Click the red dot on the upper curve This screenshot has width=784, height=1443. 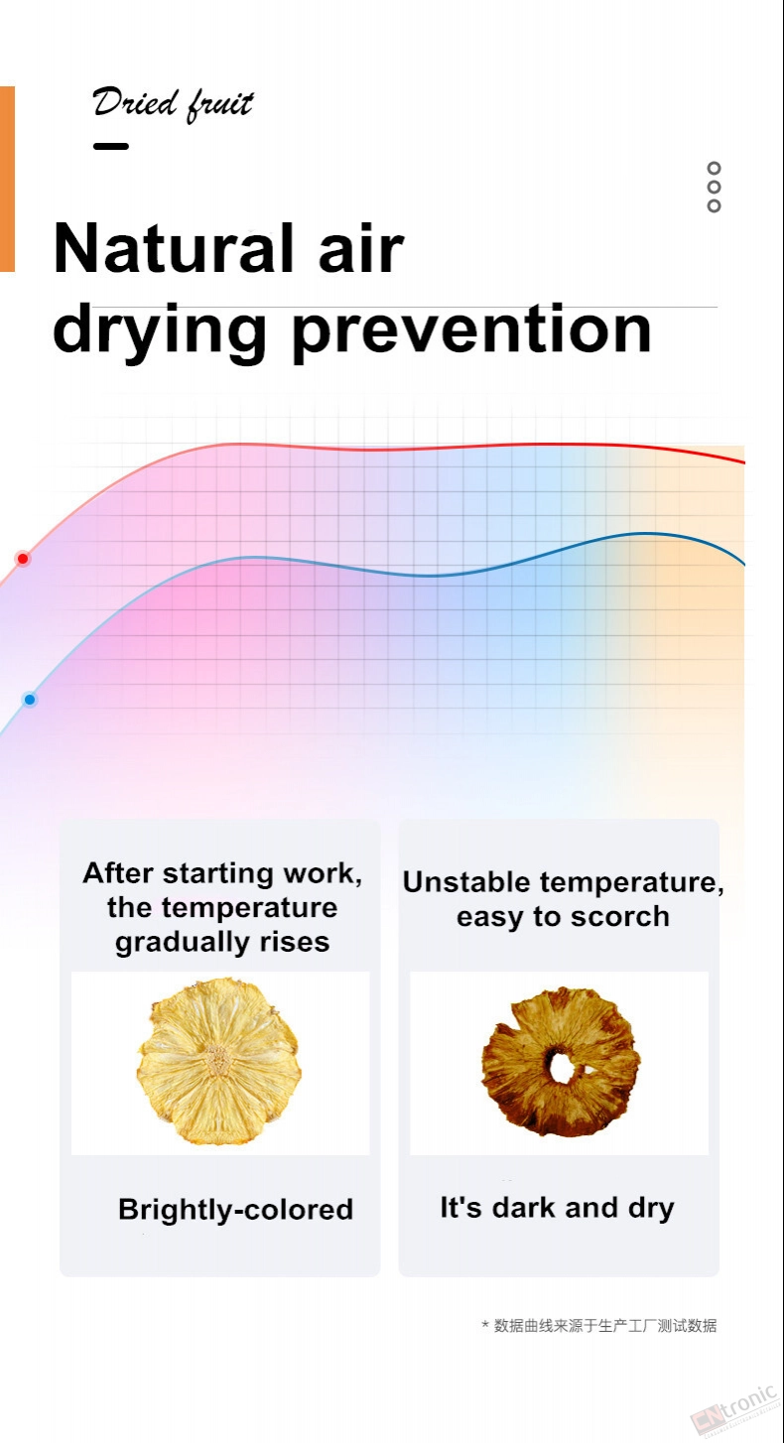[x=23, y=558]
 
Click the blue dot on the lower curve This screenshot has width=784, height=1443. [x=30, y=699]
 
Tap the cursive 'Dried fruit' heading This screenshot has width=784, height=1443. [x=174, y=104]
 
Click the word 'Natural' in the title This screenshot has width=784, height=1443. [x=174, y=249]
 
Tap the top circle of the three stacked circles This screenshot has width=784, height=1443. [x=714, y=168]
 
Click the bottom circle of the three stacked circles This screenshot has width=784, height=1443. [x=714, y=206]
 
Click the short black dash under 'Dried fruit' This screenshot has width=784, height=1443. [x=111, y=146]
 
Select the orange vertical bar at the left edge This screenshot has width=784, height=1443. [x=7, y=179]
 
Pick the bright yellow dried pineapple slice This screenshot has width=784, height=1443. [x=219, y=1062]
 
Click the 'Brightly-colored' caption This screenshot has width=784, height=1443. [x=236, y=1210]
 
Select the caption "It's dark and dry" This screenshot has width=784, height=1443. [x=558, y=1208]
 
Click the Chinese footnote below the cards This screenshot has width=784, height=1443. [x=599, y=1326]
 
